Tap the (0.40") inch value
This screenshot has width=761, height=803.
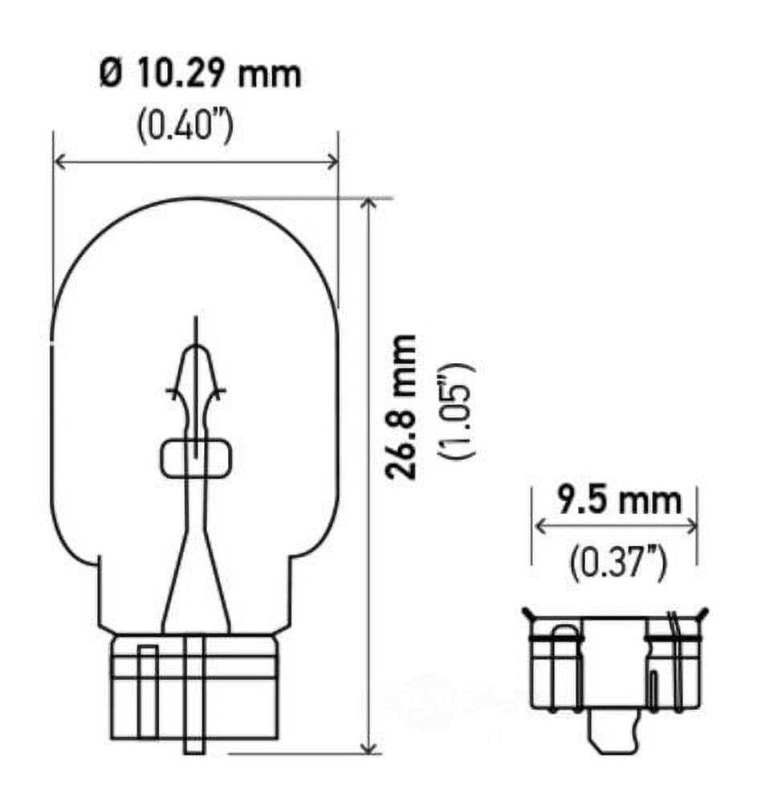pyautogui.click(x=185, y=126)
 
